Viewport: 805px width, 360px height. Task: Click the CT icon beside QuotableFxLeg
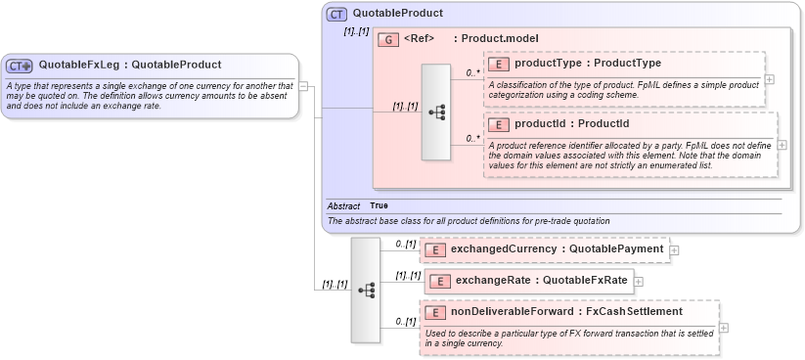[20, 66]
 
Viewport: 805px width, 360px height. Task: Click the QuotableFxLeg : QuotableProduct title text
[129, 66]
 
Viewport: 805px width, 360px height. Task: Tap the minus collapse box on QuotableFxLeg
[303, 86]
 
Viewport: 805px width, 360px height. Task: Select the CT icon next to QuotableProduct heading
[337, 14]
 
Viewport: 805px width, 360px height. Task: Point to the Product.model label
[502, 38]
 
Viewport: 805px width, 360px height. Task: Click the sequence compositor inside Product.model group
[435, 112]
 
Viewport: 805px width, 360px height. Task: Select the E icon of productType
[499, 64]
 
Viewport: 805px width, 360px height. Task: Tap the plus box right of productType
[770, 79]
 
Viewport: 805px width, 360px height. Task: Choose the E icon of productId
[499, 124]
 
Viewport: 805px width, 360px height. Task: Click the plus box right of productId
[782, 145]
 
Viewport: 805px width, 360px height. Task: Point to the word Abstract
[343, 206]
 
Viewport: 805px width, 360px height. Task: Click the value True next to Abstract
[379, 206]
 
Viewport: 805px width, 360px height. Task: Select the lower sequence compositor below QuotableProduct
[366, 290]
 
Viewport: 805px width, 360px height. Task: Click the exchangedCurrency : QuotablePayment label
[557, 249]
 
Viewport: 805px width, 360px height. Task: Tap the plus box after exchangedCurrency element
[675, 250]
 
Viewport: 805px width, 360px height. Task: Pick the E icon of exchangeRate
[440, 281]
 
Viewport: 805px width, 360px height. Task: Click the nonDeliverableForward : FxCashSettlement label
[566, 312]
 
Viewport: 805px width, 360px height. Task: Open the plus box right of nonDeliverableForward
[724, 328]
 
